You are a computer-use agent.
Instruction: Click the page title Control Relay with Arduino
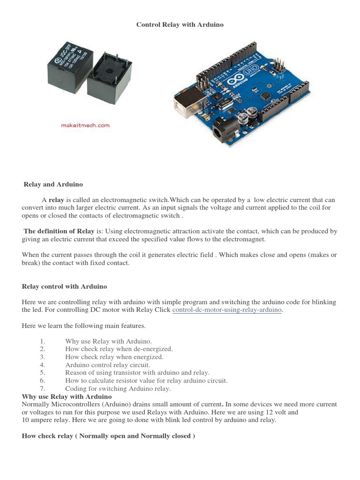pos(180,24)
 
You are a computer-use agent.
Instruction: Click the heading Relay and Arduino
pos(53,184)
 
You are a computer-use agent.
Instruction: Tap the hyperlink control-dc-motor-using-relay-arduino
pos(227,310)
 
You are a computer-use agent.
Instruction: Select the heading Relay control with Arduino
pos(65,286)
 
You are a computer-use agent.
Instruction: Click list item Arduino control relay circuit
pos(108,364)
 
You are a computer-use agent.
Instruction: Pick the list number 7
pos(42,388)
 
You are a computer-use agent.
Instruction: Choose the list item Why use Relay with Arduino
pos(109,341)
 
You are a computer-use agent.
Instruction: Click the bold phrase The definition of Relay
pos(59,231)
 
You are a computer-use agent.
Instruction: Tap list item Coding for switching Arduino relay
pos(118,388)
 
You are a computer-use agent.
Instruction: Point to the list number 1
pos(42,341)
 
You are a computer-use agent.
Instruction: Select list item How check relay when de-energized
pos(119,349)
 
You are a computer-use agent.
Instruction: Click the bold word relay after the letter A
pos(56,200)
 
